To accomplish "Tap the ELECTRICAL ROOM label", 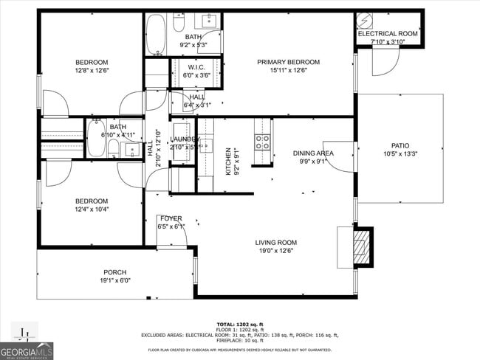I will pos(388,34).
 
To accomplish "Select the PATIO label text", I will pos(400,146).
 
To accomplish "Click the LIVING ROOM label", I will pos(275,242).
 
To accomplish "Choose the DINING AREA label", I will pos(313,153).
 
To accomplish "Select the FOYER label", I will pos(170,218).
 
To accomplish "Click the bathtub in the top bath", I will pos(157,35).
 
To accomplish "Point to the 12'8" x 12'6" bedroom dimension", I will pos(92,71).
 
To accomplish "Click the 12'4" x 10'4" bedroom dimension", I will pos(92,210).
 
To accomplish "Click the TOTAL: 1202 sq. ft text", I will pos(240,324).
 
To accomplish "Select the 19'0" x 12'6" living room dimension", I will pos(275,251).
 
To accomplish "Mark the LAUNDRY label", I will pos(184,139).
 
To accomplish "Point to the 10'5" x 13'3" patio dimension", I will pos(400,154).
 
